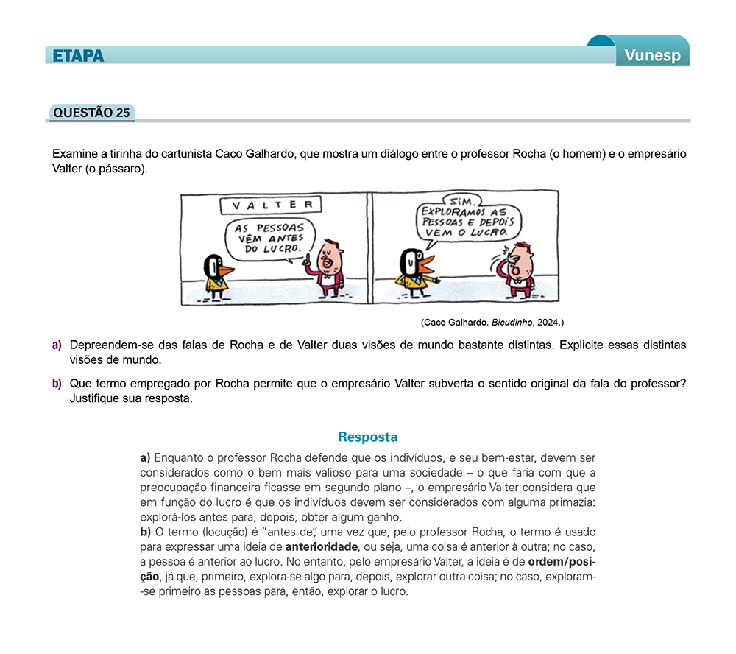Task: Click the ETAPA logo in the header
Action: tap(79, 56)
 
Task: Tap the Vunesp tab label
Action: tap(653, 56)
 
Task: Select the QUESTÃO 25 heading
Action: tap(92, 113)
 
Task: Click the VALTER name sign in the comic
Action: tap(272, 205)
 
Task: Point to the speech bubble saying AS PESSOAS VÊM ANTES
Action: tap(269, 238)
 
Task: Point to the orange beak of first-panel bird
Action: tap(226, 270)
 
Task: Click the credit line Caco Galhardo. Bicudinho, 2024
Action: tap(492, 322)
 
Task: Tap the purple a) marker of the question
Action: tap(57, 345)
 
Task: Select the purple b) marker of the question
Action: tap(57, 383)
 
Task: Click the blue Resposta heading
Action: tap(367, 437)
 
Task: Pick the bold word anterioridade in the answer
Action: tap(322, 546)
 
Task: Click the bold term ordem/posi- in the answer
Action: tap(562, 561)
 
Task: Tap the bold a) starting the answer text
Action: tap(145, 457)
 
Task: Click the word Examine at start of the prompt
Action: tap(74, 154)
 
